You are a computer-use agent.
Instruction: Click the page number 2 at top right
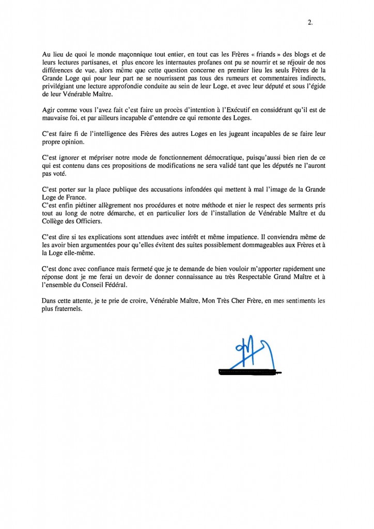click(309, 22)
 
